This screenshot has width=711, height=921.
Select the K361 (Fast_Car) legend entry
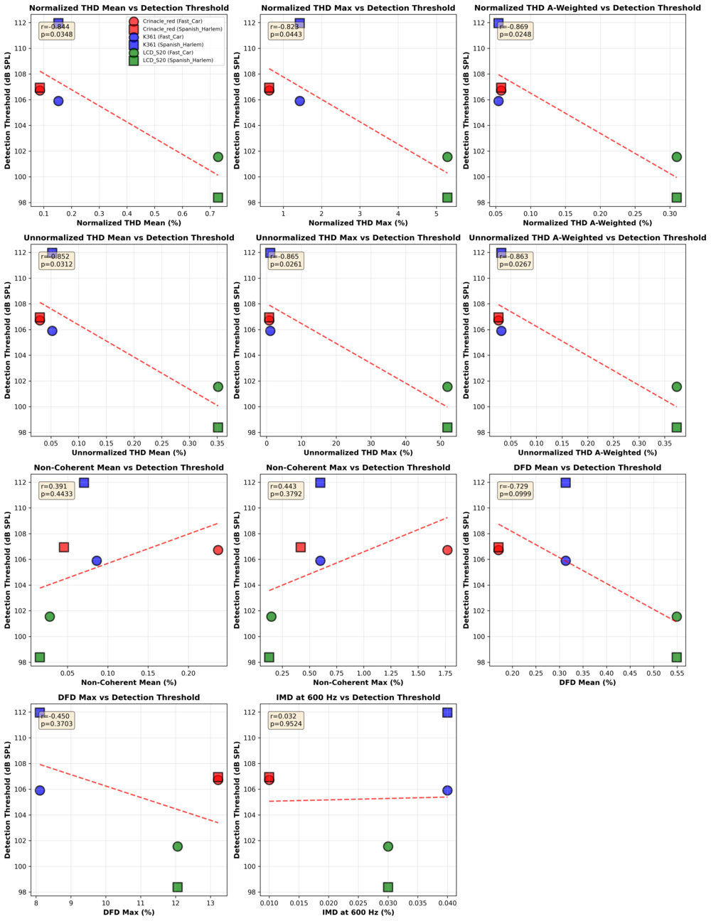coord(164,37)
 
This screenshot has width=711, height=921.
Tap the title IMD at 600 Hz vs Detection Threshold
coord(358,697)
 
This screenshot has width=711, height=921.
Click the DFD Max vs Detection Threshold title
coord(128,697)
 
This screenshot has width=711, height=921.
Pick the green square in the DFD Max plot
coord(178,887)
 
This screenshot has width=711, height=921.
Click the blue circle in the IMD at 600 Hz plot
coord(447,790)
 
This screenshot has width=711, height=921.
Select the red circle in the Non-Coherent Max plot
coord(447,550)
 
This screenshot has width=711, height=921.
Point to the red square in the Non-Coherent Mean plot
coord(64,547)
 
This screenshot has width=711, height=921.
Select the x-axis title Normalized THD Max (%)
coord(358,223)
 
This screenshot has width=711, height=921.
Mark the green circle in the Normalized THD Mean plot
coord(218,157)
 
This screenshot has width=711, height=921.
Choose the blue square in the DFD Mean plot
coord(566,483)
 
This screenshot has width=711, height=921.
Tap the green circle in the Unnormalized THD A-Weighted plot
coord(677,387)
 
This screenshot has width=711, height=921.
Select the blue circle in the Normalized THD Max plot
coord(300,101)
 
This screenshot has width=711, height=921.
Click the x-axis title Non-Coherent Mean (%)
coord(128,682)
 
